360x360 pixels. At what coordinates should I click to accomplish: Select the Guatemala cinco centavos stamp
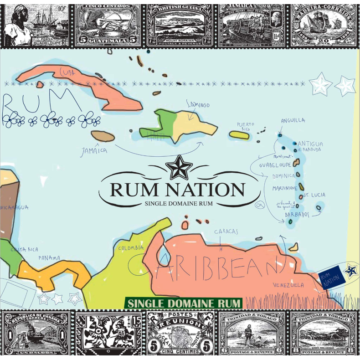tap(107, 23)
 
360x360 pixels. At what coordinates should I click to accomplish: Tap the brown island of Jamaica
tap(103, 136)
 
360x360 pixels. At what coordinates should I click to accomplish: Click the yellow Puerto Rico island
tap(239, 135)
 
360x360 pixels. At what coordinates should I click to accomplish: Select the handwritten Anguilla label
tap(293, 121)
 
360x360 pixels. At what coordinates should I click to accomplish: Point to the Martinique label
tap(285, 188)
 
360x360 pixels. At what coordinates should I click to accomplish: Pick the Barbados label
tap(297, 214)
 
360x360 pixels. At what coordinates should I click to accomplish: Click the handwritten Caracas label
tap(226, 231)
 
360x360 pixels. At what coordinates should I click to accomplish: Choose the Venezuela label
tap(288, 285)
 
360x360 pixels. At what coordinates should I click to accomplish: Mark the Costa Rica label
tap(24, 250)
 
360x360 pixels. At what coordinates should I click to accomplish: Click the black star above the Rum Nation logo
tap(176, 168)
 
